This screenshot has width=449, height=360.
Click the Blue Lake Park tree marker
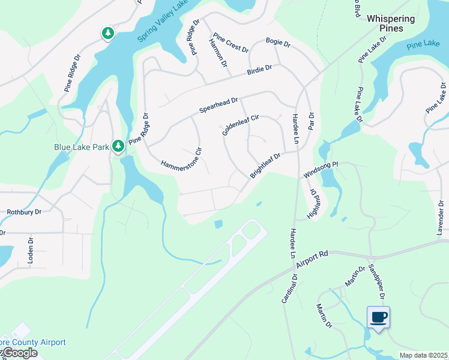tap(118, 145)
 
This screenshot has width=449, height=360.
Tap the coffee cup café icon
tap(378, 317)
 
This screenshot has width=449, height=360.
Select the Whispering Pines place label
tap(391, 23)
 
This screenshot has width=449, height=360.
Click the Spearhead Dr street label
tap(219, 106)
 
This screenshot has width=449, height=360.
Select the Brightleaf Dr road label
tap(265, 166)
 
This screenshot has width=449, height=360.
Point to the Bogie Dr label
tap(278, 44)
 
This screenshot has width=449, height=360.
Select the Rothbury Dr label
tap(23, 212)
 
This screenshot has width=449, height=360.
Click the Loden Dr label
tap(29, 254)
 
